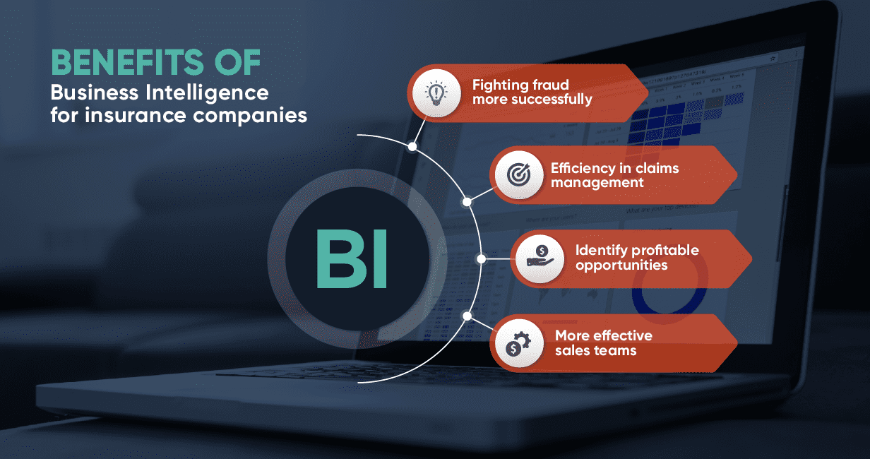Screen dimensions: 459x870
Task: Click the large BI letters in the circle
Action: point(351,258)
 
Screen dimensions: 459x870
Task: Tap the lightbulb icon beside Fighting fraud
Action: point(436,93)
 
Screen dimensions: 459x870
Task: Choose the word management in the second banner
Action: point(597,183)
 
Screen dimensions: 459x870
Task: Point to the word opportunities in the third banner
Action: point(621,266)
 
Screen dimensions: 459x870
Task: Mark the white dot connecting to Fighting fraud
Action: point(412,146)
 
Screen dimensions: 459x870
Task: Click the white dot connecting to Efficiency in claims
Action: point(467,202)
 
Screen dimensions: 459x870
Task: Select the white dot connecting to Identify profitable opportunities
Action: point(481,259)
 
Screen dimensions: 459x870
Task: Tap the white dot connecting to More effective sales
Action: point(467,315)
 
